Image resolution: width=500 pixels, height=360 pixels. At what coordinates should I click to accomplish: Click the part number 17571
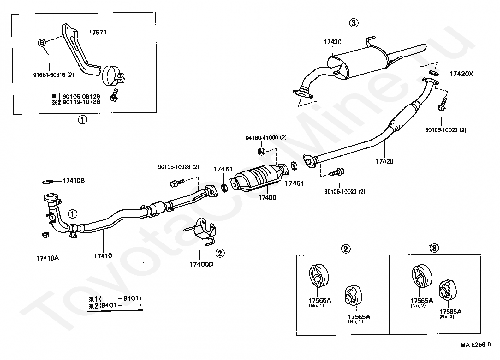pyautogui.click(x=98, y=33)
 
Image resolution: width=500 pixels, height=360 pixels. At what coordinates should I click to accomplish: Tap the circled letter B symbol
pyautogui.click(x=42, y=42)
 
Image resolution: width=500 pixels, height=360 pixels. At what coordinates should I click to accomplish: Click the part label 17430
pyautogui.click(x=333, y=42)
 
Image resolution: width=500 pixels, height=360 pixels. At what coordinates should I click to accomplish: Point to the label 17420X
pyautogui.click(x=461, y=74)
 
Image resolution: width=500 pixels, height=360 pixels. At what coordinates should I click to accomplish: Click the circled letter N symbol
pyautogui.click(x=261, y=152)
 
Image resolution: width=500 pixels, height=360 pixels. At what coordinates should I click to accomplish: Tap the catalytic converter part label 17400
pyautogui.click(x=267, y=197)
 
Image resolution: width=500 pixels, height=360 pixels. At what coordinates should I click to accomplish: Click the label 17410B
pyautogui.click(x=74, y=181)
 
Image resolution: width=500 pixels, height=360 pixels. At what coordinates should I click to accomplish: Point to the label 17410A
pyautogui.click(x=48, y=258)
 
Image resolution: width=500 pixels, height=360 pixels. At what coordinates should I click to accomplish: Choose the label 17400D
pyautogui.click(x=201, y=264)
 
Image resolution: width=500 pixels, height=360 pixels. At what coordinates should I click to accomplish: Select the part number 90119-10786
pyautogui.click(x=81, y=102)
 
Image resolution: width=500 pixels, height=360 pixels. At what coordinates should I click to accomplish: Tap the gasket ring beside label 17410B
pyautogui.click(x=48, y=182)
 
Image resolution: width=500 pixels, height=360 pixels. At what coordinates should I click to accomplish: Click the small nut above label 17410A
pyautogui.click(x=45, y=235)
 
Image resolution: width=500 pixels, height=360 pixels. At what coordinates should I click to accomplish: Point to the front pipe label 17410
pyautogui.click(x=103, y=256)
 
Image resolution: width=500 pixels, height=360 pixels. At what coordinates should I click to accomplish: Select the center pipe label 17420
pyautogui.click(x=384, y=161)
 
